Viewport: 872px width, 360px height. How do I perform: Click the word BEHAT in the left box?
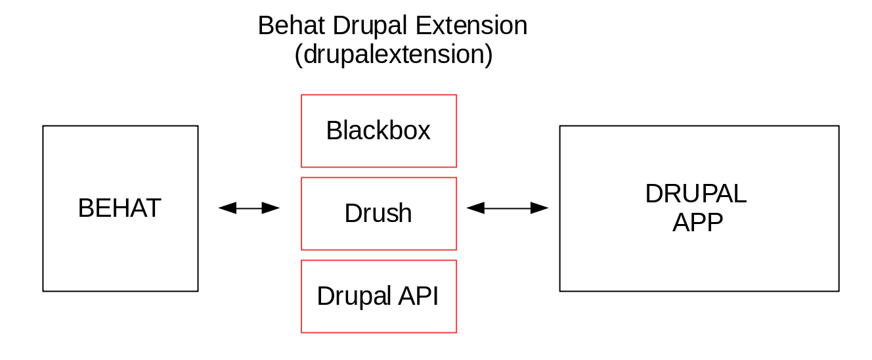[120, 208]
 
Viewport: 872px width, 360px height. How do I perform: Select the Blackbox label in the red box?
[378, 130]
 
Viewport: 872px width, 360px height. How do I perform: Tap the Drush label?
[378, 213]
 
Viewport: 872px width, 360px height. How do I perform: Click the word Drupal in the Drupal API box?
[354, 297]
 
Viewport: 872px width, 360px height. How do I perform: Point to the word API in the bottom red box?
[418, 296]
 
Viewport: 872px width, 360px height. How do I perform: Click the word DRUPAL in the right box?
[695, 194]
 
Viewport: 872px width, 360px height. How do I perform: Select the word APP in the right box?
[697, 223]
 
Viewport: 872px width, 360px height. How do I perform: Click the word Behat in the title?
[291, 26]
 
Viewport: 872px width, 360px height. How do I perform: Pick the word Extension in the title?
[471, 26]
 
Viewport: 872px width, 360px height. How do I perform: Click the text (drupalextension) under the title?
[393, 55]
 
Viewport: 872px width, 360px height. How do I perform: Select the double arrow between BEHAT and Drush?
[249, 208]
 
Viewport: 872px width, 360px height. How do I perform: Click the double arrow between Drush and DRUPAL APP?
[508, 208]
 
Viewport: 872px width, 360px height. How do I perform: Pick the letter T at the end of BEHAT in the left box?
[152, 208]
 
